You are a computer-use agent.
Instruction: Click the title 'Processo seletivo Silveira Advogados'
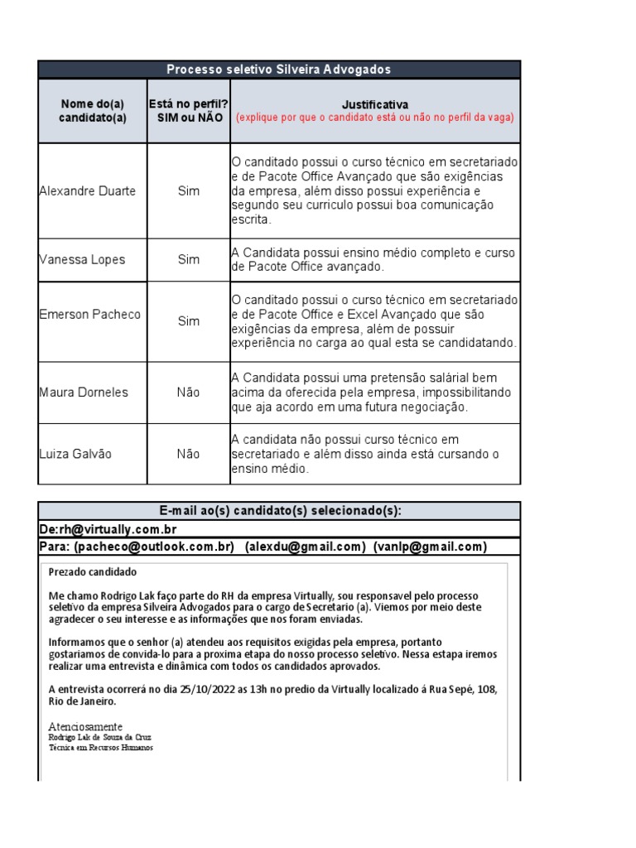(278, 70)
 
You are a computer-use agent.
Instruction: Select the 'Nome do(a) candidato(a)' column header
(92, 110)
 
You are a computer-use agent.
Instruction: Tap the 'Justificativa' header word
(374, 104)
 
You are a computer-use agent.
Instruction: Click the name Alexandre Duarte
(88, 191)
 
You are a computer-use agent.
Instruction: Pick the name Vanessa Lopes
(82, 259)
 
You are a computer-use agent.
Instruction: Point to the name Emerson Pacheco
(90, 315)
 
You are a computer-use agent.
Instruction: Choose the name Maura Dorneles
(84, 393)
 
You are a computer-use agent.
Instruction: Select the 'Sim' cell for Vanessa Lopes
(189, 259)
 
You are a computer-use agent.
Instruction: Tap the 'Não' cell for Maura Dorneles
(189, 393)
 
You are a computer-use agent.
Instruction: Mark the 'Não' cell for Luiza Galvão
(189, 454)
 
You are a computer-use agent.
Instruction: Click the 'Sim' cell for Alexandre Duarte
(189, 191)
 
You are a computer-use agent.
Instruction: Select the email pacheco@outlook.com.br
(154, 547)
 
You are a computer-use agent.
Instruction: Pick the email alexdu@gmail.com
(305, 547)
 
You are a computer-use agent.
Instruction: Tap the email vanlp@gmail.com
(430, 547)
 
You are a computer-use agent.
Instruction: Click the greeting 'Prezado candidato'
(93, 572)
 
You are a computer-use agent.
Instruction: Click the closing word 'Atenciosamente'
(85, 726)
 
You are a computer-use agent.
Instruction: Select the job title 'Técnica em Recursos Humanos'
(101, 747)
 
